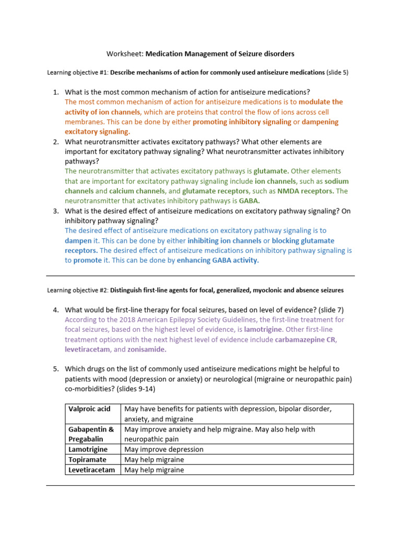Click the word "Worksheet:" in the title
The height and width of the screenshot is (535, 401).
coord(125,54)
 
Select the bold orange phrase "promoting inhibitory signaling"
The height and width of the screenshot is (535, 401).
coord(242,122)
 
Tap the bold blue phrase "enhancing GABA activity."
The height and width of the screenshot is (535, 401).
coord(218,260)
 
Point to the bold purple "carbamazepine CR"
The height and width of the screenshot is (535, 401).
coord(305,340)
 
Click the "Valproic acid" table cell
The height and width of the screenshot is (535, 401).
coord(89,409)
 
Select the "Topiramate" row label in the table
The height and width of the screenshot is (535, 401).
coord(87,459)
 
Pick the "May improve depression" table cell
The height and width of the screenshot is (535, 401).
coord(163,449)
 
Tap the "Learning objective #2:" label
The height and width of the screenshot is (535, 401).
coord(78,290)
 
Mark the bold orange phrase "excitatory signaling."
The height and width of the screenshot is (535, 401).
coord(97,132)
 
